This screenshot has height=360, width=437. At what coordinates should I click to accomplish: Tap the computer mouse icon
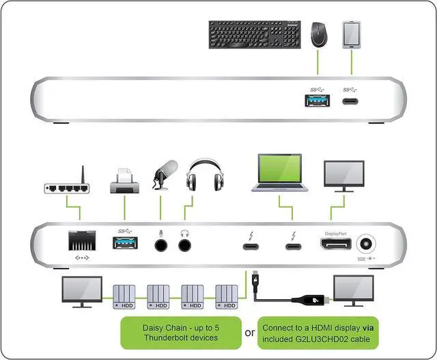point(318,35)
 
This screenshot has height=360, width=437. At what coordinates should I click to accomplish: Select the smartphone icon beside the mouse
point(352,33)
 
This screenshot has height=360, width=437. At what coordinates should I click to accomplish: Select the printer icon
point(124,180)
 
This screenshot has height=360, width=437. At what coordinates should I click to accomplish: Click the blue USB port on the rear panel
point(124,243)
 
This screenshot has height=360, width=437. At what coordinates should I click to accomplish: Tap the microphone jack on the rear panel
point(162,243)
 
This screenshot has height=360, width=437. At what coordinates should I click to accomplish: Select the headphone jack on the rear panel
point(184,243)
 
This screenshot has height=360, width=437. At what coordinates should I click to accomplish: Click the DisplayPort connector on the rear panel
point(333,245)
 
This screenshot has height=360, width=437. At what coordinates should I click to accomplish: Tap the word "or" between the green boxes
point(249,333)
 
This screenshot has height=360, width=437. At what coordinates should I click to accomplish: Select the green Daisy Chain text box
point(181,332)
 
